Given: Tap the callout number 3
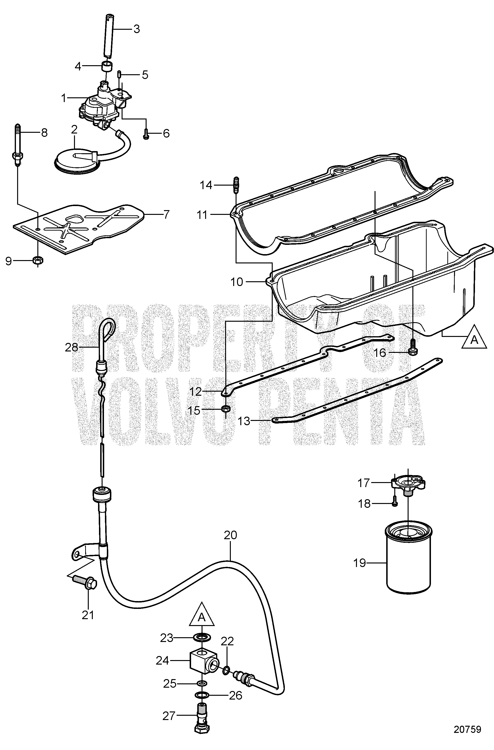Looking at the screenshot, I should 136,29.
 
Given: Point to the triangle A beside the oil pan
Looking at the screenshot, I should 474,337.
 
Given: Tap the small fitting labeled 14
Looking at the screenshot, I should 236,185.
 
